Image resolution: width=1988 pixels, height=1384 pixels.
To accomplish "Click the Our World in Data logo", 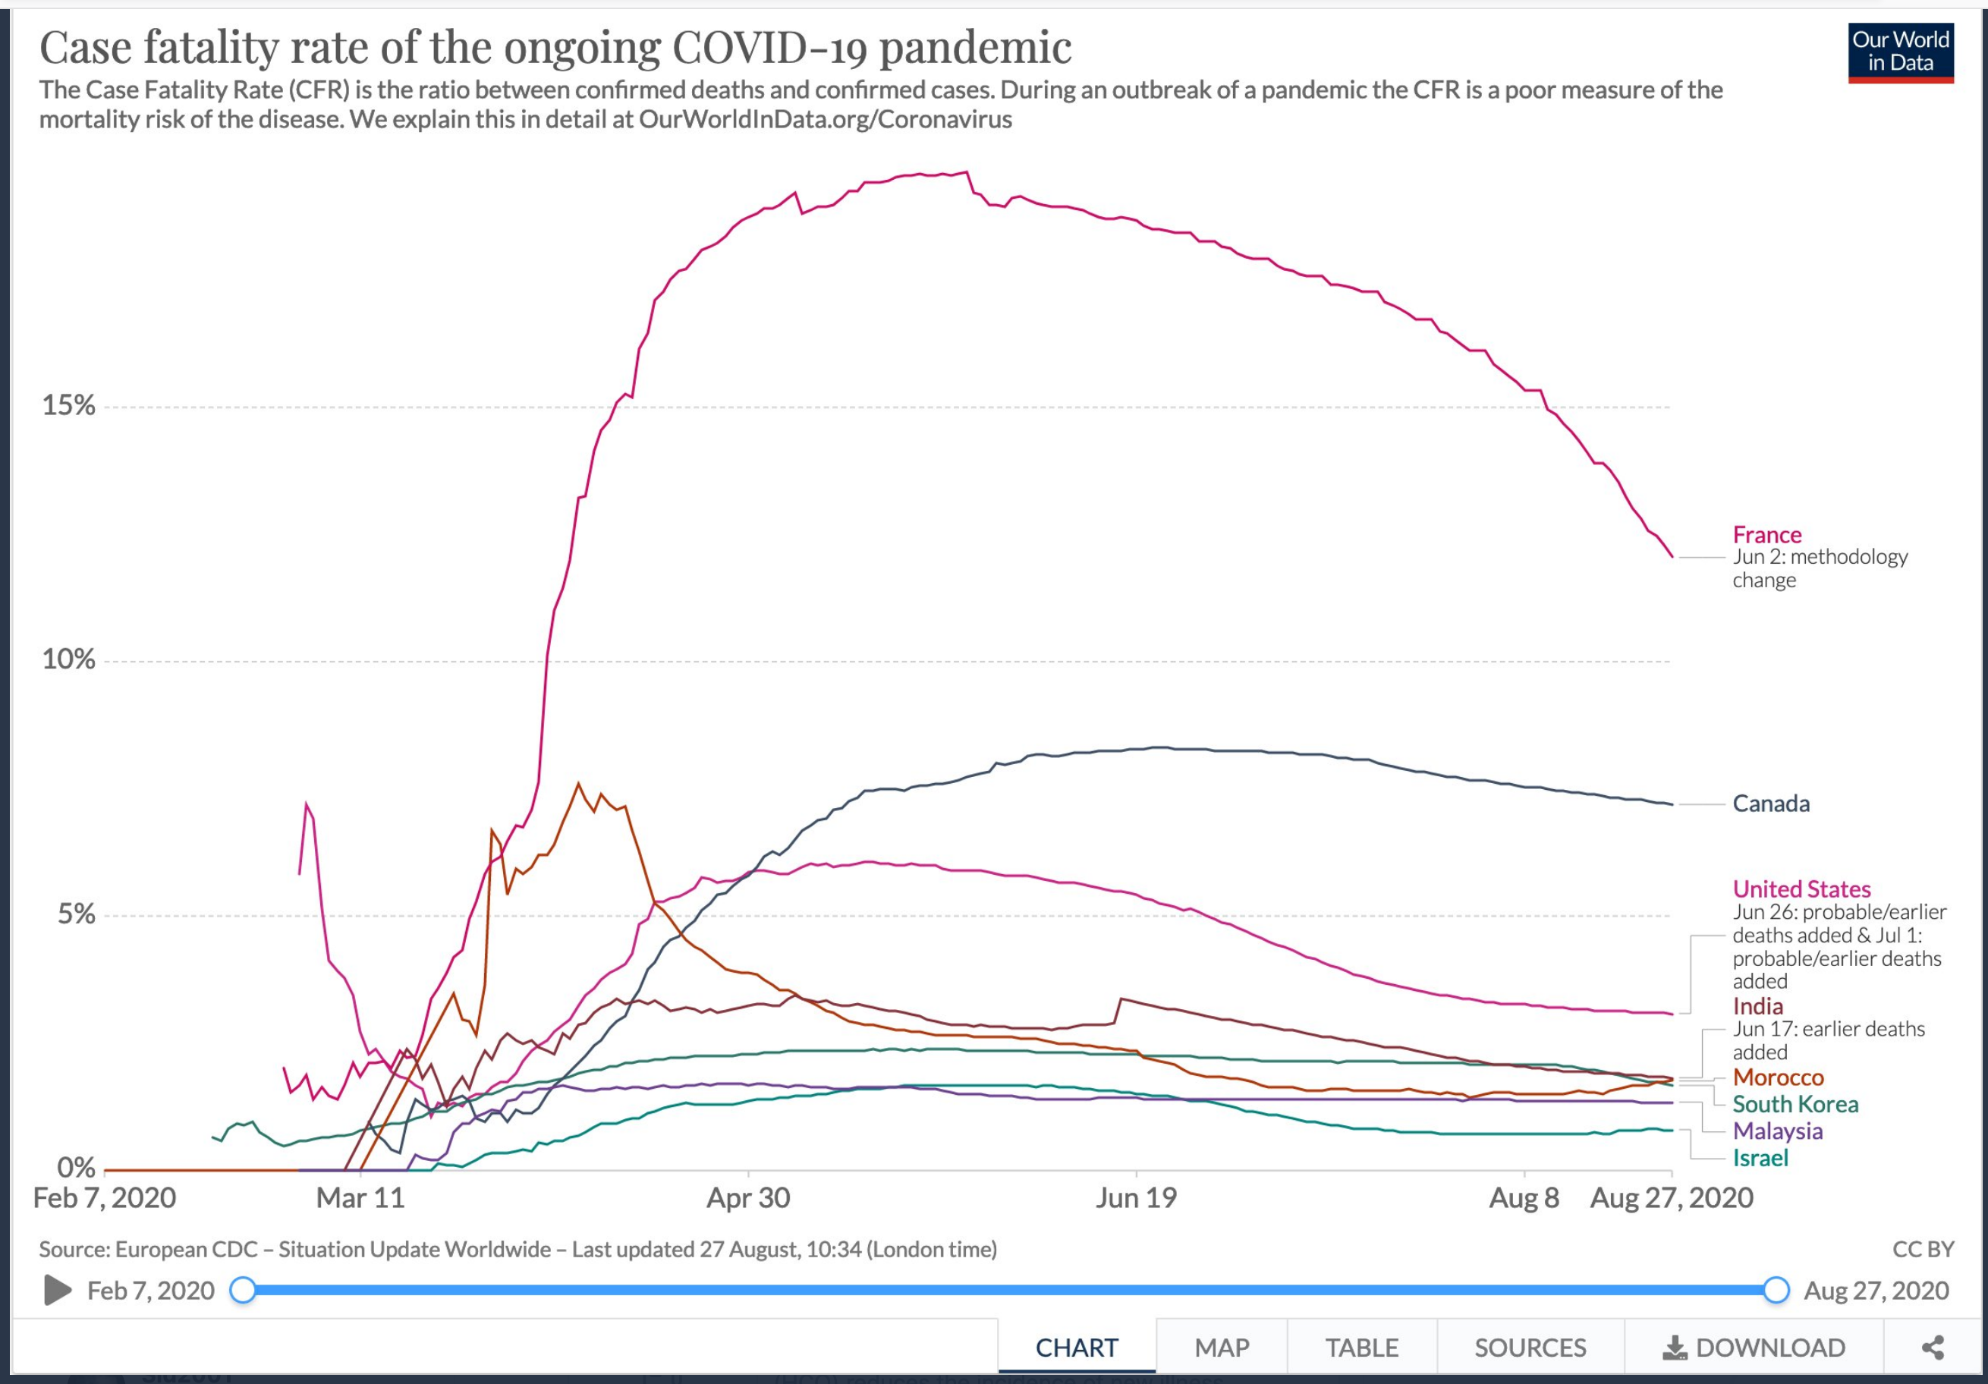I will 1900,52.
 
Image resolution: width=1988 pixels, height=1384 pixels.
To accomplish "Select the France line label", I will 1766,534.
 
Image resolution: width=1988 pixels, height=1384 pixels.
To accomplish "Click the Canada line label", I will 1771,804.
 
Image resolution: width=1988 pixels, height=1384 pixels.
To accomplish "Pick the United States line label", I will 1801,889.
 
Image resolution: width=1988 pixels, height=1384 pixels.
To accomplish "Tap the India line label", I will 1757,1006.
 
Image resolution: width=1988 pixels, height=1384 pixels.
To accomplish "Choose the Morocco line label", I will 1778,1077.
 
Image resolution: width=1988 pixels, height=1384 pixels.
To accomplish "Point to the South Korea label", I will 1795,1104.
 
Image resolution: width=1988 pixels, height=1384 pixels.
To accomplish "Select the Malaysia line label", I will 1777,1131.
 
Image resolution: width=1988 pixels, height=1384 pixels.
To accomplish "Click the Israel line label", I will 1760,1158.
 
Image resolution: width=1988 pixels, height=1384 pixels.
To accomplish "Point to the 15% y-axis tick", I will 68,405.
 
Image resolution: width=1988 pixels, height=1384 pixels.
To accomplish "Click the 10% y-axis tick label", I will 68,660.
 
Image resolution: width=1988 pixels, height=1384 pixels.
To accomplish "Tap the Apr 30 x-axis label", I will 748,1198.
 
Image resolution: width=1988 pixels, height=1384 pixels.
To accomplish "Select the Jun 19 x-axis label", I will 1136,1198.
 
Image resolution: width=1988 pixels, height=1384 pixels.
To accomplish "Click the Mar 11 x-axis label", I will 360,1198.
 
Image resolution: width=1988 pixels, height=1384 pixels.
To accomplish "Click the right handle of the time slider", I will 1776,1291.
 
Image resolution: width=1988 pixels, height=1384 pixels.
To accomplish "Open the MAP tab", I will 1222,1348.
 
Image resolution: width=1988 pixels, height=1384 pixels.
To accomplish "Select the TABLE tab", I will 1362,1348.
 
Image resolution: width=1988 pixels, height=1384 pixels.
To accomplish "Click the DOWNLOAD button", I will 1754,1348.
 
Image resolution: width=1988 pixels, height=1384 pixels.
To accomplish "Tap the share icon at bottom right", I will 1933,1348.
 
